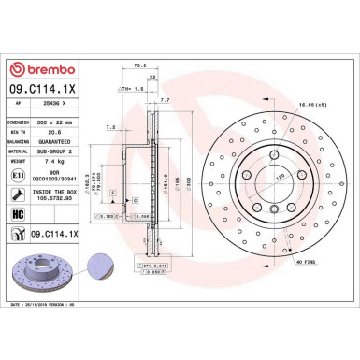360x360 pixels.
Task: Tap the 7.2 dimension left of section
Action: pyautogui.click(x=110, y=126)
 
